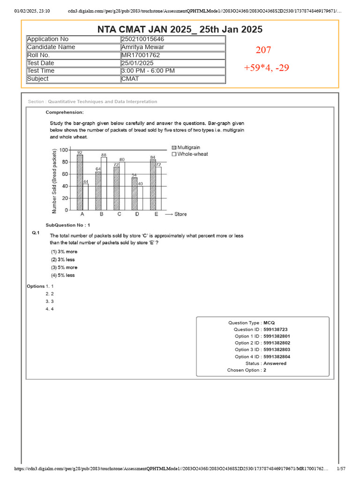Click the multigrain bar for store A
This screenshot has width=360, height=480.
(x=80, y=182)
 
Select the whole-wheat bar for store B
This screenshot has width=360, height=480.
(x=104, y=183)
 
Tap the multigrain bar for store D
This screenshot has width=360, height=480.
(x=134, y=194)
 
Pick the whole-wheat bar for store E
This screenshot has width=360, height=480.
(x=158, y=188)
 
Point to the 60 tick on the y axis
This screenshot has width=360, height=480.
(x=64, y=174)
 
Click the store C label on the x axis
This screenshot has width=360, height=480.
(x=119, y=214)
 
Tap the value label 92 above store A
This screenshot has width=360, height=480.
(x=80, y=152)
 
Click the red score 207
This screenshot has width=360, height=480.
(x=263, y=50)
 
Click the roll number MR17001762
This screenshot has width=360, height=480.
(x=141, y=55)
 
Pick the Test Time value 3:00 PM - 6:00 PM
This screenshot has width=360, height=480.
(x=148, y=71)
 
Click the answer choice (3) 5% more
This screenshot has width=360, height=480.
(x=64, y=267)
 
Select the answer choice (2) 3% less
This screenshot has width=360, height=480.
(x=63, y=259)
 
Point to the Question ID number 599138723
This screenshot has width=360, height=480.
(x=276, y=330)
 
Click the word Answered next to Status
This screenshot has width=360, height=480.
(x=275, y=363)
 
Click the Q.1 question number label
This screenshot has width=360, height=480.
(x=36, y=232)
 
